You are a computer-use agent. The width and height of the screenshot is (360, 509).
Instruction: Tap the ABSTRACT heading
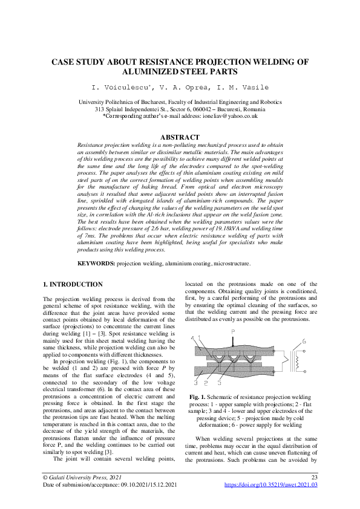coord(180,137)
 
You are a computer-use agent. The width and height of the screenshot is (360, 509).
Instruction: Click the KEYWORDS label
coord(97,264)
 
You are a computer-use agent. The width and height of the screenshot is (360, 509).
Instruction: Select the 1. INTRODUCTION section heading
coord(73,284)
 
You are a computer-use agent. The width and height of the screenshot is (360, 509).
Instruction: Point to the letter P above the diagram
coord(233,332)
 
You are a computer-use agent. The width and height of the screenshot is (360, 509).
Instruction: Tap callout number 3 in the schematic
coord(196,383)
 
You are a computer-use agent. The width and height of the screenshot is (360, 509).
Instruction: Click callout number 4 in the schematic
coord(192,338)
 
